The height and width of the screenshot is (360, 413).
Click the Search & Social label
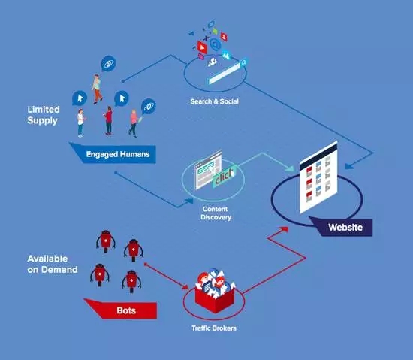215,101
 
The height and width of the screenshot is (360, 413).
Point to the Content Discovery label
216,213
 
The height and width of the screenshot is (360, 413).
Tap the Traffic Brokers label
214,328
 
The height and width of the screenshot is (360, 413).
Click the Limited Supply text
44,115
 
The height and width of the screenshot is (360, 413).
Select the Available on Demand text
53,264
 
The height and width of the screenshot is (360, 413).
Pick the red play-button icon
202,47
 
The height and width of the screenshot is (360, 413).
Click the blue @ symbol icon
216,44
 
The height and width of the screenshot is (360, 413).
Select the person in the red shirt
108,120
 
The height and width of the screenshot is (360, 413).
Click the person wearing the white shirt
80,123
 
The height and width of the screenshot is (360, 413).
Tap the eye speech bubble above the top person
108,64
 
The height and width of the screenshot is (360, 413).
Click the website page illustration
318,177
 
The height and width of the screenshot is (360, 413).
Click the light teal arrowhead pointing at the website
291,168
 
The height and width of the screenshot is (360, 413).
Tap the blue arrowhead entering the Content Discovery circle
189,201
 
